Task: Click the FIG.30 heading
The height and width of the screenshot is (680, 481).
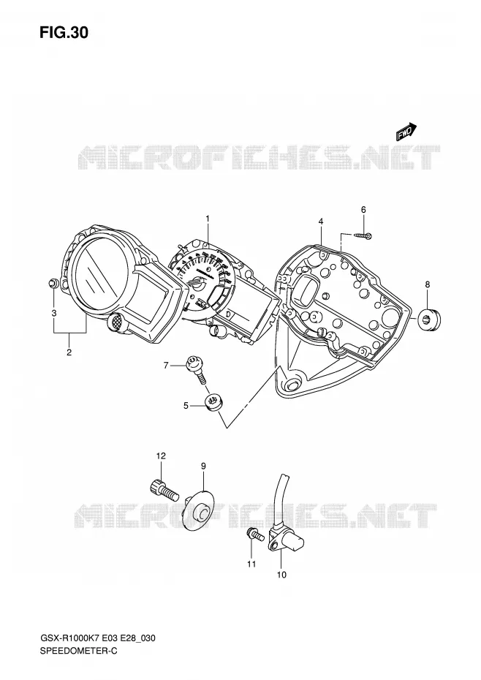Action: (x=64, y=32)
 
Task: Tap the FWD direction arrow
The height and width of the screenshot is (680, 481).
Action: (x=406, y=132)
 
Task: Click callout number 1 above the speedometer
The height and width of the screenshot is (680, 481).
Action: (x=208, y=219)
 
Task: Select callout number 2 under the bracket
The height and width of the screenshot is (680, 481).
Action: (x=69, y=352)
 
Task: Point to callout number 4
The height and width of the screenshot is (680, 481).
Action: (x=320, y=221)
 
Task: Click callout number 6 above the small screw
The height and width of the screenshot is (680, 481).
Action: (x=363, y=210)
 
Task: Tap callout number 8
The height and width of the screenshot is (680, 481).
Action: (x=427, y=284)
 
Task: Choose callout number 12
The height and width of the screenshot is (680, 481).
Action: (x=161, y=456)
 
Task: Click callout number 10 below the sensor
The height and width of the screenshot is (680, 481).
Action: (x=281, y=575)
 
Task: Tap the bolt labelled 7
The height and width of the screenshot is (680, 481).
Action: (x=196, y=369)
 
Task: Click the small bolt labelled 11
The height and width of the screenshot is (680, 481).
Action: (x=254, y=534)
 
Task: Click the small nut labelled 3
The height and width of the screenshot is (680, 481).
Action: (x=53, y=284)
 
